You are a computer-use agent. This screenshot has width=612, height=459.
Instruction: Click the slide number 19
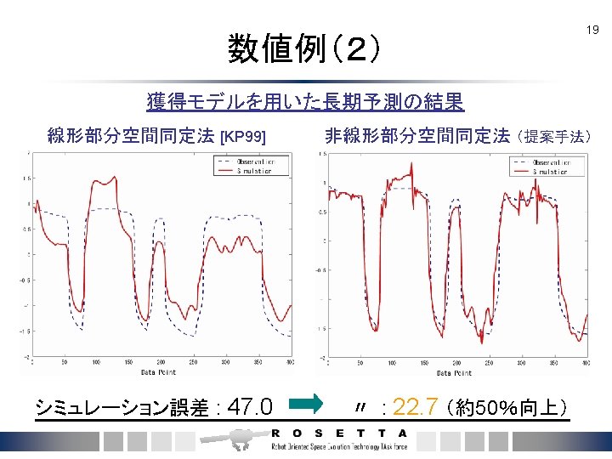(x=592, y=31)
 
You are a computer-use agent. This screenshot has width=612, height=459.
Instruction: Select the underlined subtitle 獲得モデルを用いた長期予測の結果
(x=305, y=103)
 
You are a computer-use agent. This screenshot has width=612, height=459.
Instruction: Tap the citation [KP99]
(x=243, y=137)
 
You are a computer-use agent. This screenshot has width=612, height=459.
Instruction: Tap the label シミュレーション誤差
(x=124, y=408)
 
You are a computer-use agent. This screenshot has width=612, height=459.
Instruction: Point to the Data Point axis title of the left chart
(x=159, y=372)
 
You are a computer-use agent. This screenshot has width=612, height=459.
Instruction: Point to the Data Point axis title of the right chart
(x=454, y=372)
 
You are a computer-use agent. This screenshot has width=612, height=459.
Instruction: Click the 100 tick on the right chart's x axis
(x=390, y=362)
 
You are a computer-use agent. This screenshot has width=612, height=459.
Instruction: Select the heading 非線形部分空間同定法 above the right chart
(x=417, y=136)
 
